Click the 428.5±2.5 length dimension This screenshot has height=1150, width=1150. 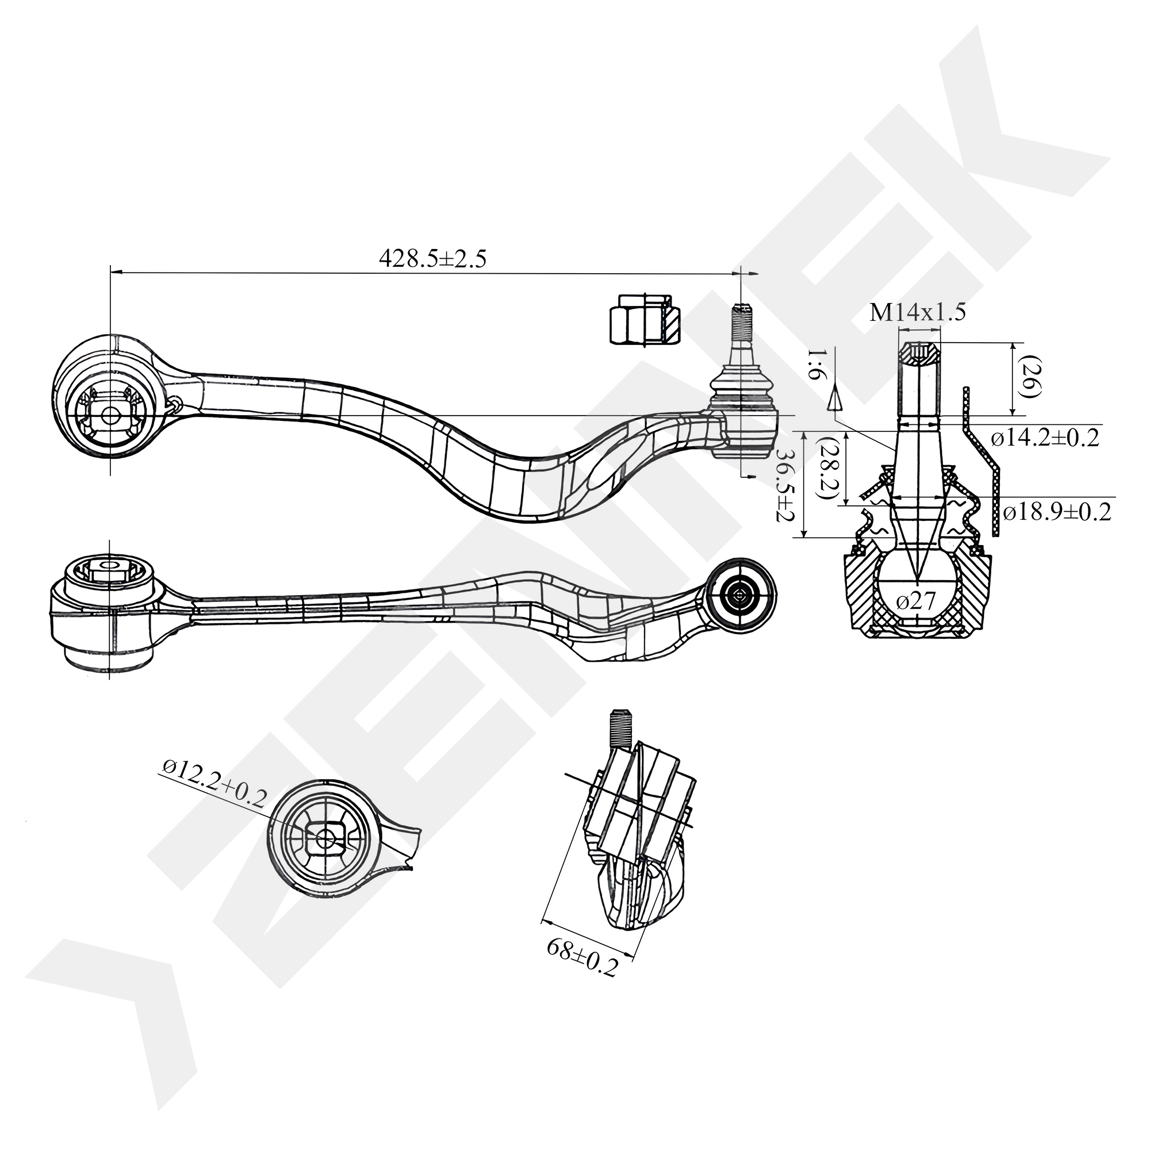(x=433, y=258)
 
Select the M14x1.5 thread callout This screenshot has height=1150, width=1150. (x=917, y=313)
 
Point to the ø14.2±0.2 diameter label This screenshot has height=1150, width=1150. (x=1045, y=439)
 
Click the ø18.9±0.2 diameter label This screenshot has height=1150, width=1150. (x=1056, y=512)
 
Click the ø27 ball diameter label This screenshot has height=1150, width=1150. (x=916, y=601)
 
